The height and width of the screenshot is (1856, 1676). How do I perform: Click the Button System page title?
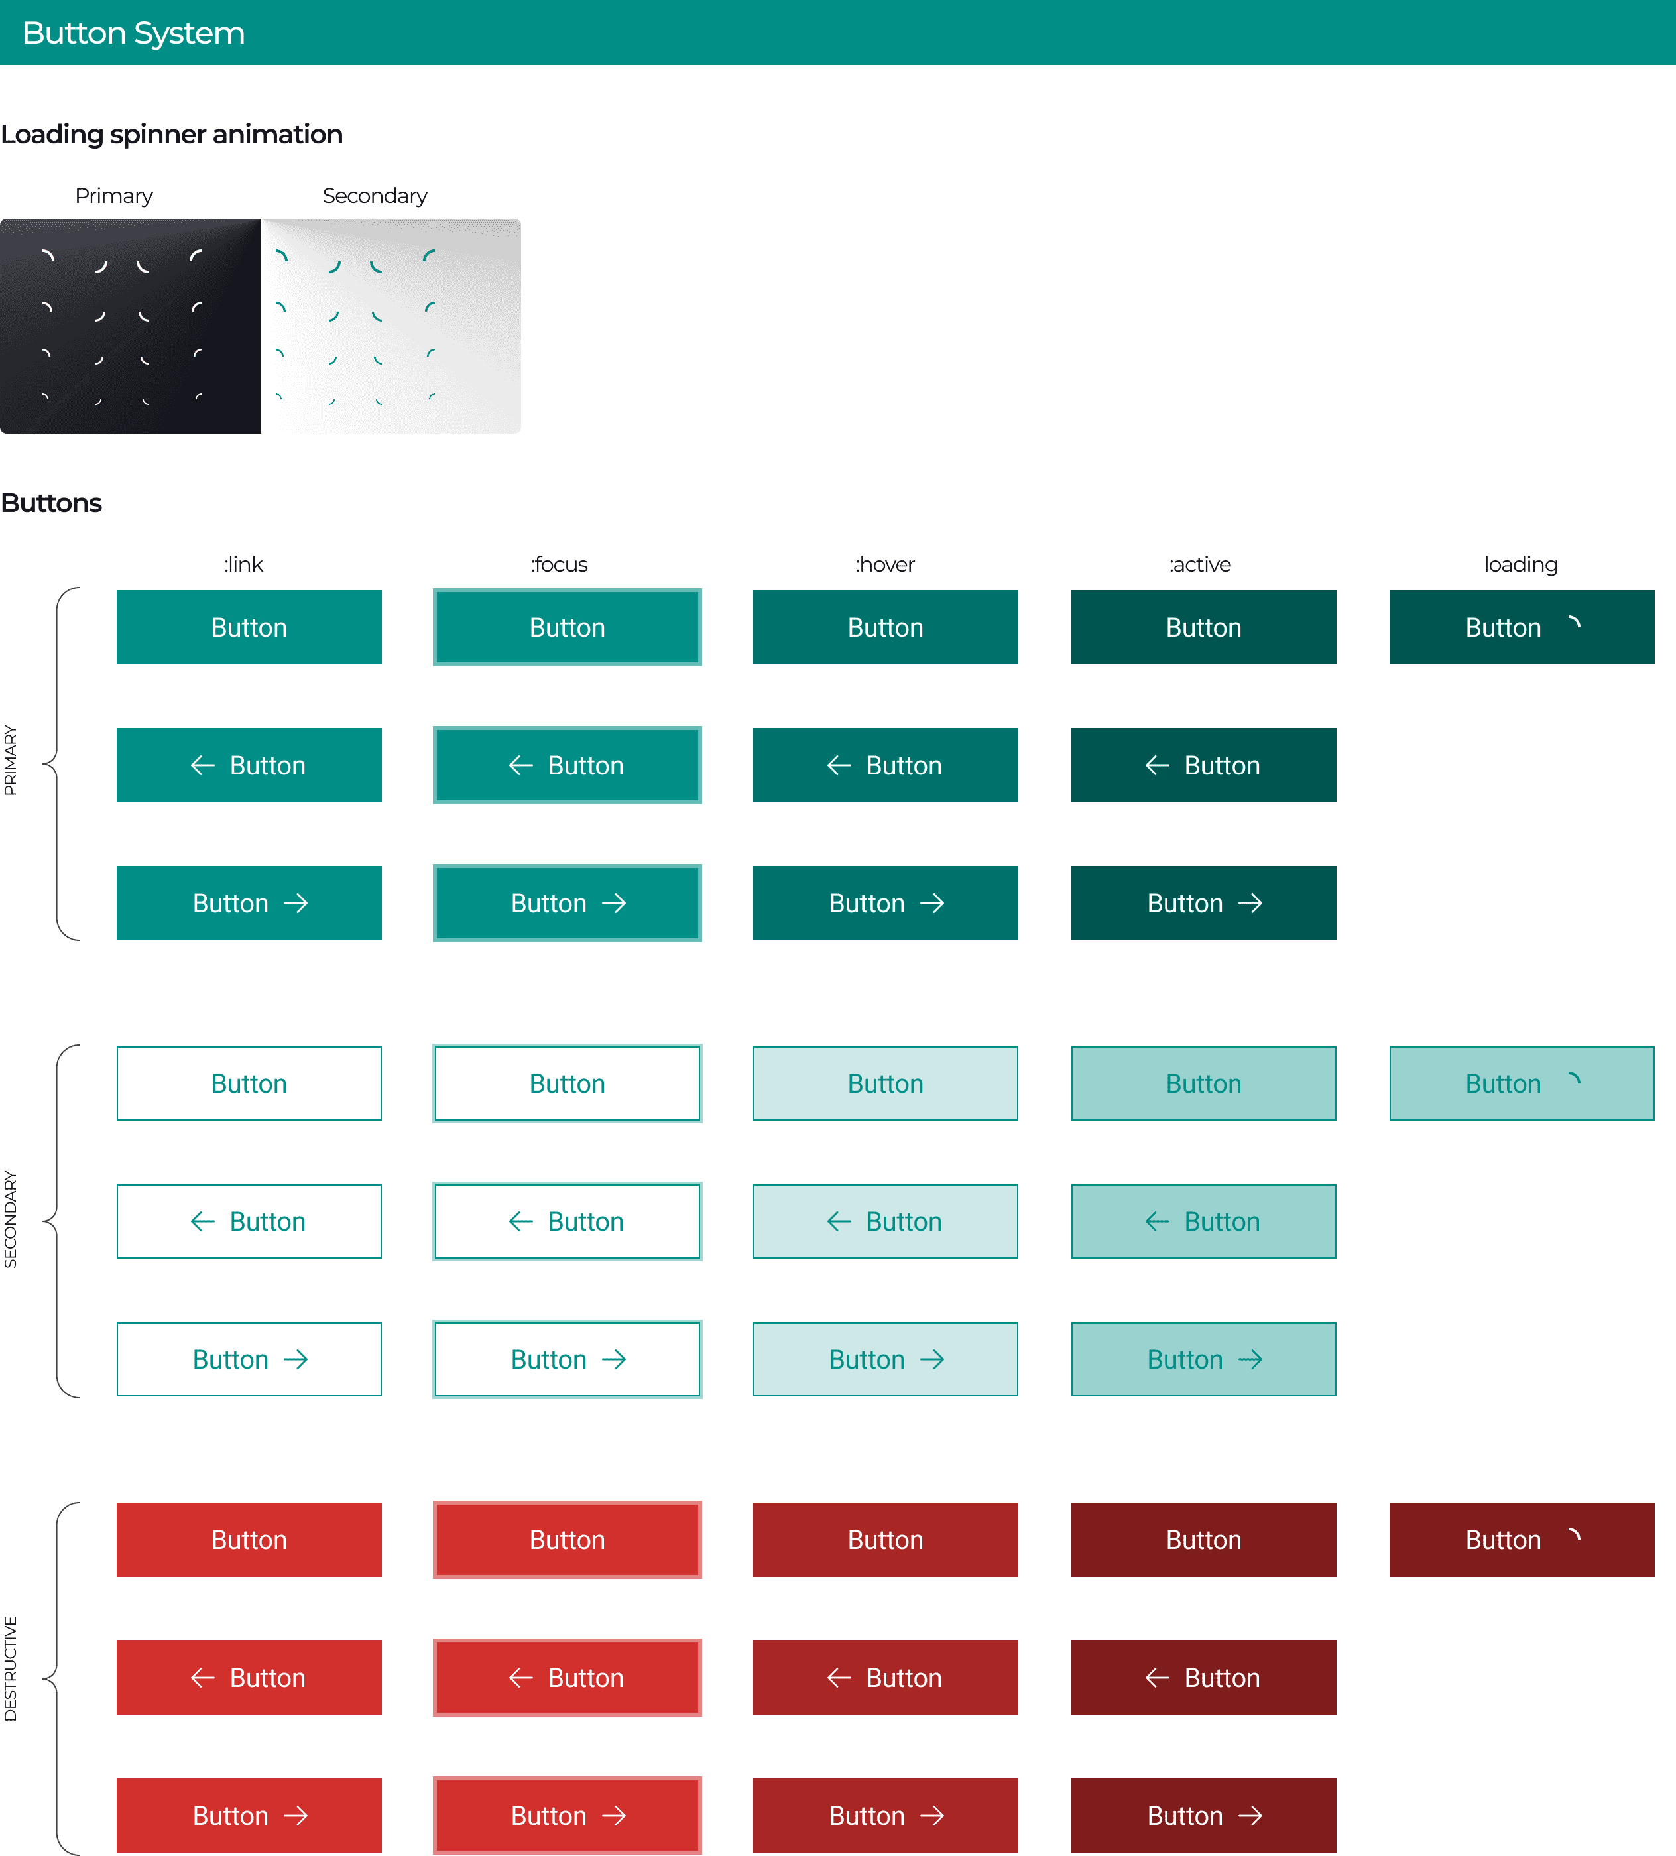[x=133, y=33]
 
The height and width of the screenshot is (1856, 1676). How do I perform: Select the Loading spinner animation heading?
[x=171, y=135]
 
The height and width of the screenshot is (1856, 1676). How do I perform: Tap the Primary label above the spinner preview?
[x=114, y=196]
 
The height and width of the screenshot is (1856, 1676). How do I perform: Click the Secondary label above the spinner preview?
[x=375, y=196]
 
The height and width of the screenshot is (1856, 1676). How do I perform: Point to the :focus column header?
[x=559, y=564]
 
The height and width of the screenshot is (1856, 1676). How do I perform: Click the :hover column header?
[x=884, y=564]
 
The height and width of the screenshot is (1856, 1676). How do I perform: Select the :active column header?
[x=1199, y=564]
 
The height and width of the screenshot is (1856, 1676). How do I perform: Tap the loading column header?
[x=1520, y=564]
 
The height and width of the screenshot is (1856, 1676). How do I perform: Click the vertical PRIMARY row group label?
[x=10, y=761]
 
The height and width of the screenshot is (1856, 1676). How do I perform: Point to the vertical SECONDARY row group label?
[x=10, y=1219]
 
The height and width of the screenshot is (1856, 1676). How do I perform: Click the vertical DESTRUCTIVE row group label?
[x=10, y=1668]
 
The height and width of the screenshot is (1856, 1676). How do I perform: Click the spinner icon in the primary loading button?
[x=1574, y=624]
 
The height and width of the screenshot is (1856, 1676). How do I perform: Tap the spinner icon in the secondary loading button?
[x=1574, y=1080]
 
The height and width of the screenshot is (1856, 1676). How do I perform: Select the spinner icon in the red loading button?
[x=1574, y=1536]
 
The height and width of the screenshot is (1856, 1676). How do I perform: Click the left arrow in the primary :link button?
[x=202, y=765]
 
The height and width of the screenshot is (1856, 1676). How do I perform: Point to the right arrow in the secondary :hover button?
[x=932, y=1360]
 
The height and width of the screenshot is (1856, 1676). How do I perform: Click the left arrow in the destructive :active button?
[x=1157, y=1678]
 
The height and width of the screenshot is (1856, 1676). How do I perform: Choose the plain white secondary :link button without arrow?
[x=249, y=1083]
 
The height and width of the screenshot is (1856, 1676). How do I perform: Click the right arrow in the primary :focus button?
[x=614, y=903]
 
